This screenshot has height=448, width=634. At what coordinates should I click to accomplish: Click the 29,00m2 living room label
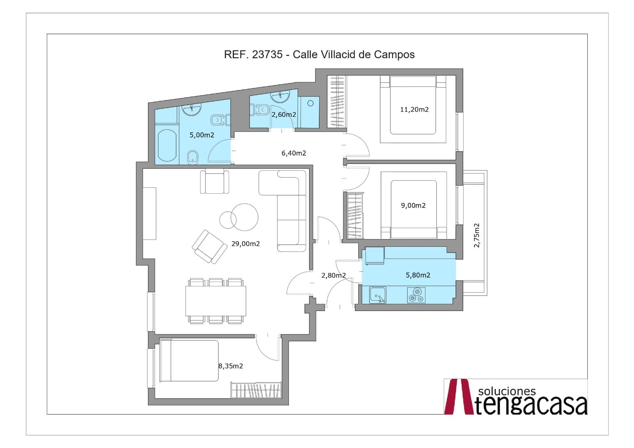pos(245,244)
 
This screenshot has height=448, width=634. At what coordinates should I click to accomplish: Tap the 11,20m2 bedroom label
pos(414,109)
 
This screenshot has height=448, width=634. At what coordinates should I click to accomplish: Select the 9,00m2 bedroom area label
pos(413,206)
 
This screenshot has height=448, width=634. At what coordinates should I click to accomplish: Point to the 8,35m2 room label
pos(231,366)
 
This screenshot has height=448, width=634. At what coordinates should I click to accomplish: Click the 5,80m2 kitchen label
pos(418,275)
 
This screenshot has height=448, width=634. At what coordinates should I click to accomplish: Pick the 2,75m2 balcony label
pos(477,235)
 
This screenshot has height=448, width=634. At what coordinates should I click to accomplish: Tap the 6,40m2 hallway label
pos(294,153)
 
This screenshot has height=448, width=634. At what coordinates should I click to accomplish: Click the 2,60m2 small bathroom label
pos(284,114)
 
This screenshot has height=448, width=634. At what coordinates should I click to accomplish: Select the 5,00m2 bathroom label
pos(202,135)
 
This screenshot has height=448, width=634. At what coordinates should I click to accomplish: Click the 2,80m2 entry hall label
pos(333,275)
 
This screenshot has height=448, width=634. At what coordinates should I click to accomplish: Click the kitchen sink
pos(378,295)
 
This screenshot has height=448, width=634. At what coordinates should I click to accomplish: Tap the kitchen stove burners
pos(416,295)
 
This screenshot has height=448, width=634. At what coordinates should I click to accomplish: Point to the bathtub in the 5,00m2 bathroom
pos(167,145)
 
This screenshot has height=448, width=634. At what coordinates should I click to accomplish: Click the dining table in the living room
pos(216,301)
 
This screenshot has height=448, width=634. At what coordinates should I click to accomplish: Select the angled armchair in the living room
pos(210,246)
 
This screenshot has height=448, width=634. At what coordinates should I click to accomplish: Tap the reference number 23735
pos(267,54)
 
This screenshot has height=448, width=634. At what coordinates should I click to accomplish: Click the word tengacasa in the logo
pos(531,405)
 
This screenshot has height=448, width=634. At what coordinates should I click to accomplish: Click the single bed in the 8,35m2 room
pos(189,360)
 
